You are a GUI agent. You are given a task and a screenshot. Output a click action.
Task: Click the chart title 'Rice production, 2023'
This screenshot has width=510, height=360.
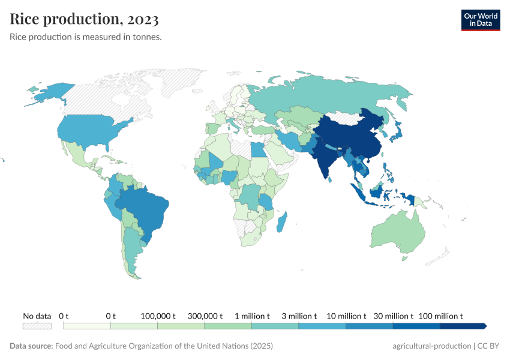(x=85, y=19)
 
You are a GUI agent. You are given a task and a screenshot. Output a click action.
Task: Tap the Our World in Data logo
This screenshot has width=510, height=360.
(x=480, y=20)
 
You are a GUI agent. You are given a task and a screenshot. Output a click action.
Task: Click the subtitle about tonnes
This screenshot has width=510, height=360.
(x=86, y=37)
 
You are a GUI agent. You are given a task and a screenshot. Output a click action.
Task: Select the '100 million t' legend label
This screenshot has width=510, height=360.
(x=440, y=316)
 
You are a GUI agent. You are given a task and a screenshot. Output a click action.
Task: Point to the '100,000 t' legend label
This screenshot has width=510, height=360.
(x=157, y=316)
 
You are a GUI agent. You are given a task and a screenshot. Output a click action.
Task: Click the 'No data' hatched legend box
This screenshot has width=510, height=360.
(x=37, y=326)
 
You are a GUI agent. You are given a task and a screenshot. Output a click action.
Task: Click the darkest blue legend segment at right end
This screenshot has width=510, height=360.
(x=462, y=326)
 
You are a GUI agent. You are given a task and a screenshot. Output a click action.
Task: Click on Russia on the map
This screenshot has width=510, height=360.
(x=336, y=96)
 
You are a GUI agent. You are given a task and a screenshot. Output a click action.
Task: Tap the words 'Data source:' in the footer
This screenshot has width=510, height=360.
(x=31, y=346)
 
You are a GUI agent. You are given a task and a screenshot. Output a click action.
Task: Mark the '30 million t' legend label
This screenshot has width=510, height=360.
(x=394, y=316)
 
